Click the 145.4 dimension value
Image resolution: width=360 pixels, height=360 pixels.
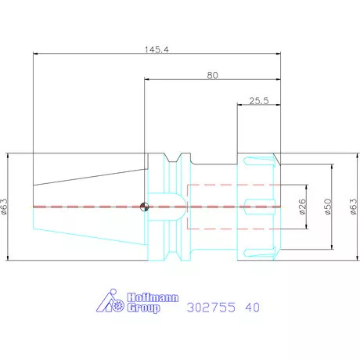157,49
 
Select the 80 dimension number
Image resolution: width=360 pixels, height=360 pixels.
212,75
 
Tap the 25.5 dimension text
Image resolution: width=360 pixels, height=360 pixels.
259,101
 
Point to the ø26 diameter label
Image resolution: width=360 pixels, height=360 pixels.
302,207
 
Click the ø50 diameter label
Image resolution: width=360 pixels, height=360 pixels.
328,207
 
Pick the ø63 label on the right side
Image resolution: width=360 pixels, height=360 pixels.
353,207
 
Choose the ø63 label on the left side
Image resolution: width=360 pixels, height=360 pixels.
5,207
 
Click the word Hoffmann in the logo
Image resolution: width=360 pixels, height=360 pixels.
153,297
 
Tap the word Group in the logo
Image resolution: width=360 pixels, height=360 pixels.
143,308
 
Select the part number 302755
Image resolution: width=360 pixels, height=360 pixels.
211,308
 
